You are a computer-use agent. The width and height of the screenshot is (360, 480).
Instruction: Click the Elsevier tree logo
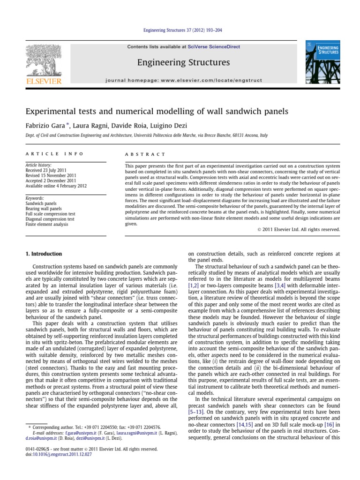point(41,62)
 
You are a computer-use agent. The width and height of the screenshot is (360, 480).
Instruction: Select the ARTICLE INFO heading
point(54,154)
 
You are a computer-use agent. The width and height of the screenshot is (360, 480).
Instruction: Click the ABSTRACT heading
point(145,154)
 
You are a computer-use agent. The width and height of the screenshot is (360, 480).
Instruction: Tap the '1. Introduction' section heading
point(43,254)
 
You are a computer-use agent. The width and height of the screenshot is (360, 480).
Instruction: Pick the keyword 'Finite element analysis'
point(47,225)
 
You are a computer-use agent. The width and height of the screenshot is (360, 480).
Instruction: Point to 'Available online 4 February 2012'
point(56,186)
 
